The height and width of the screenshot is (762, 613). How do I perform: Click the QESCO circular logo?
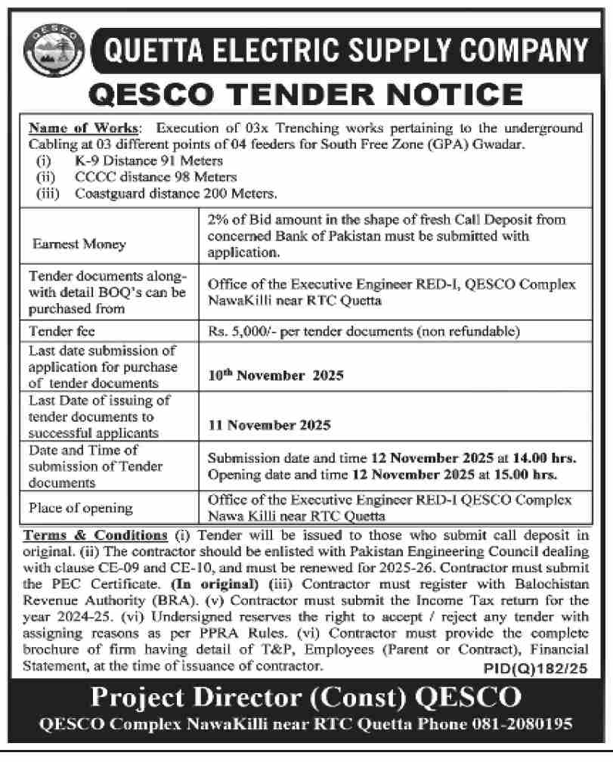pyautogui.click(x=50, y=51)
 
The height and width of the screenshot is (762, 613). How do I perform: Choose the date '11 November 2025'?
pyautogui.click(x=270, y=426)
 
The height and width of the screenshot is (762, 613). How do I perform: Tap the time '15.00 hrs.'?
pyautogui.click(x=528, y=475)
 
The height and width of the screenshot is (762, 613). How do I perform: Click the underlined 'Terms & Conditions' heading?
pyautogui.click(x=96, y=535)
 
